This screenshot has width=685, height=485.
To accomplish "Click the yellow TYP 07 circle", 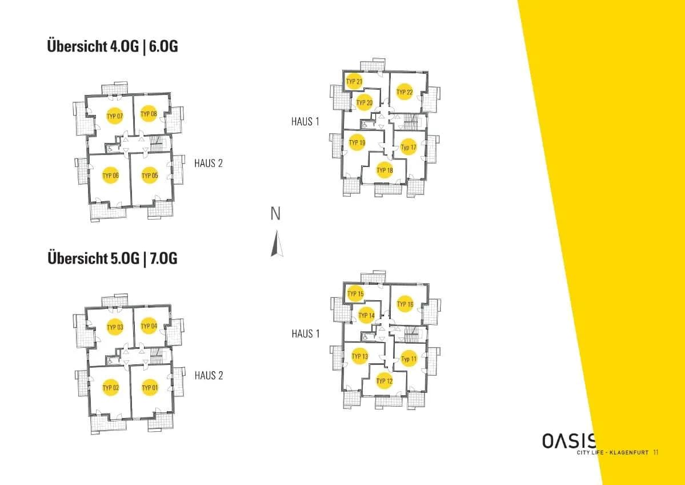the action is [115, 116].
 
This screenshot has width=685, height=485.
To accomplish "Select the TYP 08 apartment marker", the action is [149, 114].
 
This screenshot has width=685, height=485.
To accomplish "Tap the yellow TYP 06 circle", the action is [110, 176].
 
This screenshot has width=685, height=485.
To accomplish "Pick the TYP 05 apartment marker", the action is [150, 176].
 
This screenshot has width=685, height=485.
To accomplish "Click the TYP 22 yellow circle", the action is [404, 92].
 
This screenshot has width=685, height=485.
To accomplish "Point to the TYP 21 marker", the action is [354, 81].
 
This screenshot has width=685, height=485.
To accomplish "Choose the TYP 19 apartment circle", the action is [357, 142].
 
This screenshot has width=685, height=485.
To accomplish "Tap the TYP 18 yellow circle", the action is [384, 170].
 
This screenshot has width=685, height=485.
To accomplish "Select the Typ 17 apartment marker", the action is [409, 148].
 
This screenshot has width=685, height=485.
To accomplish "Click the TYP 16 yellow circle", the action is [405, 304].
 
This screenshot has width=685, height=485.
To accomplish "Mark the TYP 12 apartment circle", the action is [384, 381].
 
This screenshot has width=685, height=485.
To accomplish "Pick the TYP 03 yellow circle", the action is [115, 327].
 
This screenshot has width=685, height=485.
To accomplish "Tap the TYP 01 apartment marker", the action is [150, 387].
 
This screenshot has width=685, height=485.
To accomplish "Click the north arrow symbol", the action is [277, 243].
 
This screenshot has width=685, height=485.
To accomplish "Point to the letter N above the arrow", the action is [276, 214].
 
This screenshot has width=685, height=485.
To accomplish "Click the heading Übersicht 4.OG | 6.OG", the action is [113, 46].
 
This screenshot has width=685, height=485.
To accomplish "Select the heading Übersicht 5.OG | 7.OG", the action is [113, 258].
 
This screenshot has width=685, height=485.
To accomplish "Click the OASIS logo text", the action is [569, 441].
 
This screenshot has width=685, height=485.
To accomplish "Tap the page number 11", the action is [656, 452].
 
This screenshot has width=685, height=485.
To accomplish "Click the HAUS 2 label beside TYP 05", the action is [209, 163].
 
